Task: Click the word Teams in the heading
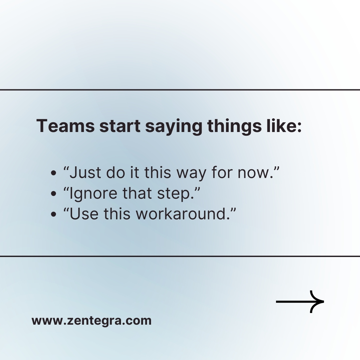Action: tap(65, 126)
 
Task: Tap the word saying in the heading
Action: tap(174, 127)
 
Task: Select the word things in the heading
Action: tap(234, 127)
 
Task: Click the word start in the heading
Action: tap(120, 126)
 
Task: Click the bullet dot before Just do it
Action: tap(53, 173)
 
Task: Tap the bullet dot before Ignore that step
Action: tap(53, 194)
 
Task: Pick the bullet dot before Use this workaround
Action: tap(53, 214)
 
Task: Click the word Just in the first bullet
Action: tap(85, 172)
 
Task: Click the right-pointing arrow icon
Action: tap(300, 301)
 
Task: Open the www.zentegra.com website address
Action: tap(91, 321)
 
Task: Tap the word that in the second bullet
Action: tap(137, 193)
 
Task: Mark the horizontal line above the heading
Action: tap(180, 90)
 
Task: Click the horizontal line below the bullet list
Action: tap(180, 256)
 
